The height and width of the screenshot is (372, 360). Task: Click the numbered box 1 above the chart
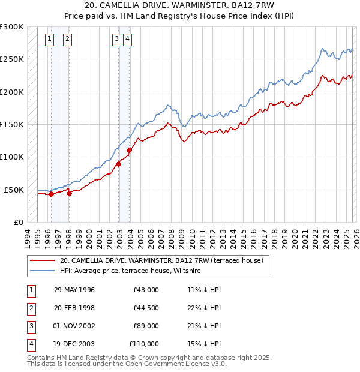(x=49, y=40)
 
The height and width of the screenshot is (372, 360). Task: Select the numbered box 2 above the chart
(x=67, y=40)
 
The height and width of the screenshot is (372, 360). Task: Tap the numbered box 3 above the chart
(x=116, y=40)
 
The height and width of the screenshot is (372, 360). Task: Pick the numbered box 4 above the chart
(x=128, y=40)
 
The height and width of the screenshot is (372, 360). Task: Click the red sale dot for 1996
(x=52, y=194)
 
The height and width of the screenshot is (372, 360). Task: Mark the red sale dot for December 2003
(x=130, y=151)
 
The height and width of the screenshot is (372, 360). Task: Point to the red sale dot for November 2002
(x=118, y=164)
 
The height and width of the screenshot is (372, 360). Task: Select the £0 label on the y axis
(x=18, y=222)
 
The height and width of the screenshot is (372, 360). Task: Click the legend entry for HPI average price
(x=130, y=271)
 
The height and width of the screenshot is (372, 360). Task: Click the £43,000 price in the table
(x=146, y=290)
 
